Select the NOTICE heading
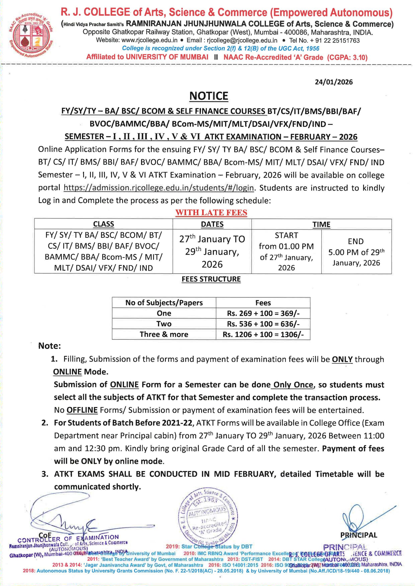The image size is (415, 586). click(209, 96)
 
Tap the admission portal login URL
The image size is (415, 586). click(158, 188)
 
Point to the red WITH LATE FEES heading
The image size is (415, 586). click(211, 213)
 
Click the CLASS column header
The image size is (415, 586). click(103, 224)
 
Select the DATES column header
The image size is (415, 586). click(212, 224)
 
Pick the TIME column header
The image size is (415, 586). click(321, 224)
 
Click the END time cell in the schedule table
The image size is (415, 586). click(356, 252)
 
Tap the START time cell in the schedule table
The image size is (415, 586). click(286, 251)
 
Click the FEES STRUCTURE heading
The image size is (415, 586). click(211, 279)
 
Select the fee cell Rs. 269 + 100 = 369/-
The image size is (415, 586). click(263, 313)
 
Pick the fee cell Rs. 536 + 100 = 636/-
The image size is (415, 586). click(263, 324)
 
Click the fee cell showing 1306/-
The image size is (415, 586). click(263, 334)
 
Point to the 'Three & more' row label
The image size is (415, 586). click(164, 334)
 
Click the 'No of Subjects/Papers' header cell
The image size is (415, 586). click(164, 303)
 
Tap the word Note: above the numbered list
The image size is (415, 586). click(50, 346)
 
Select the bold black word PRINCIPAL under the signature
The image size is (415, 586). click(359, 535)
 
